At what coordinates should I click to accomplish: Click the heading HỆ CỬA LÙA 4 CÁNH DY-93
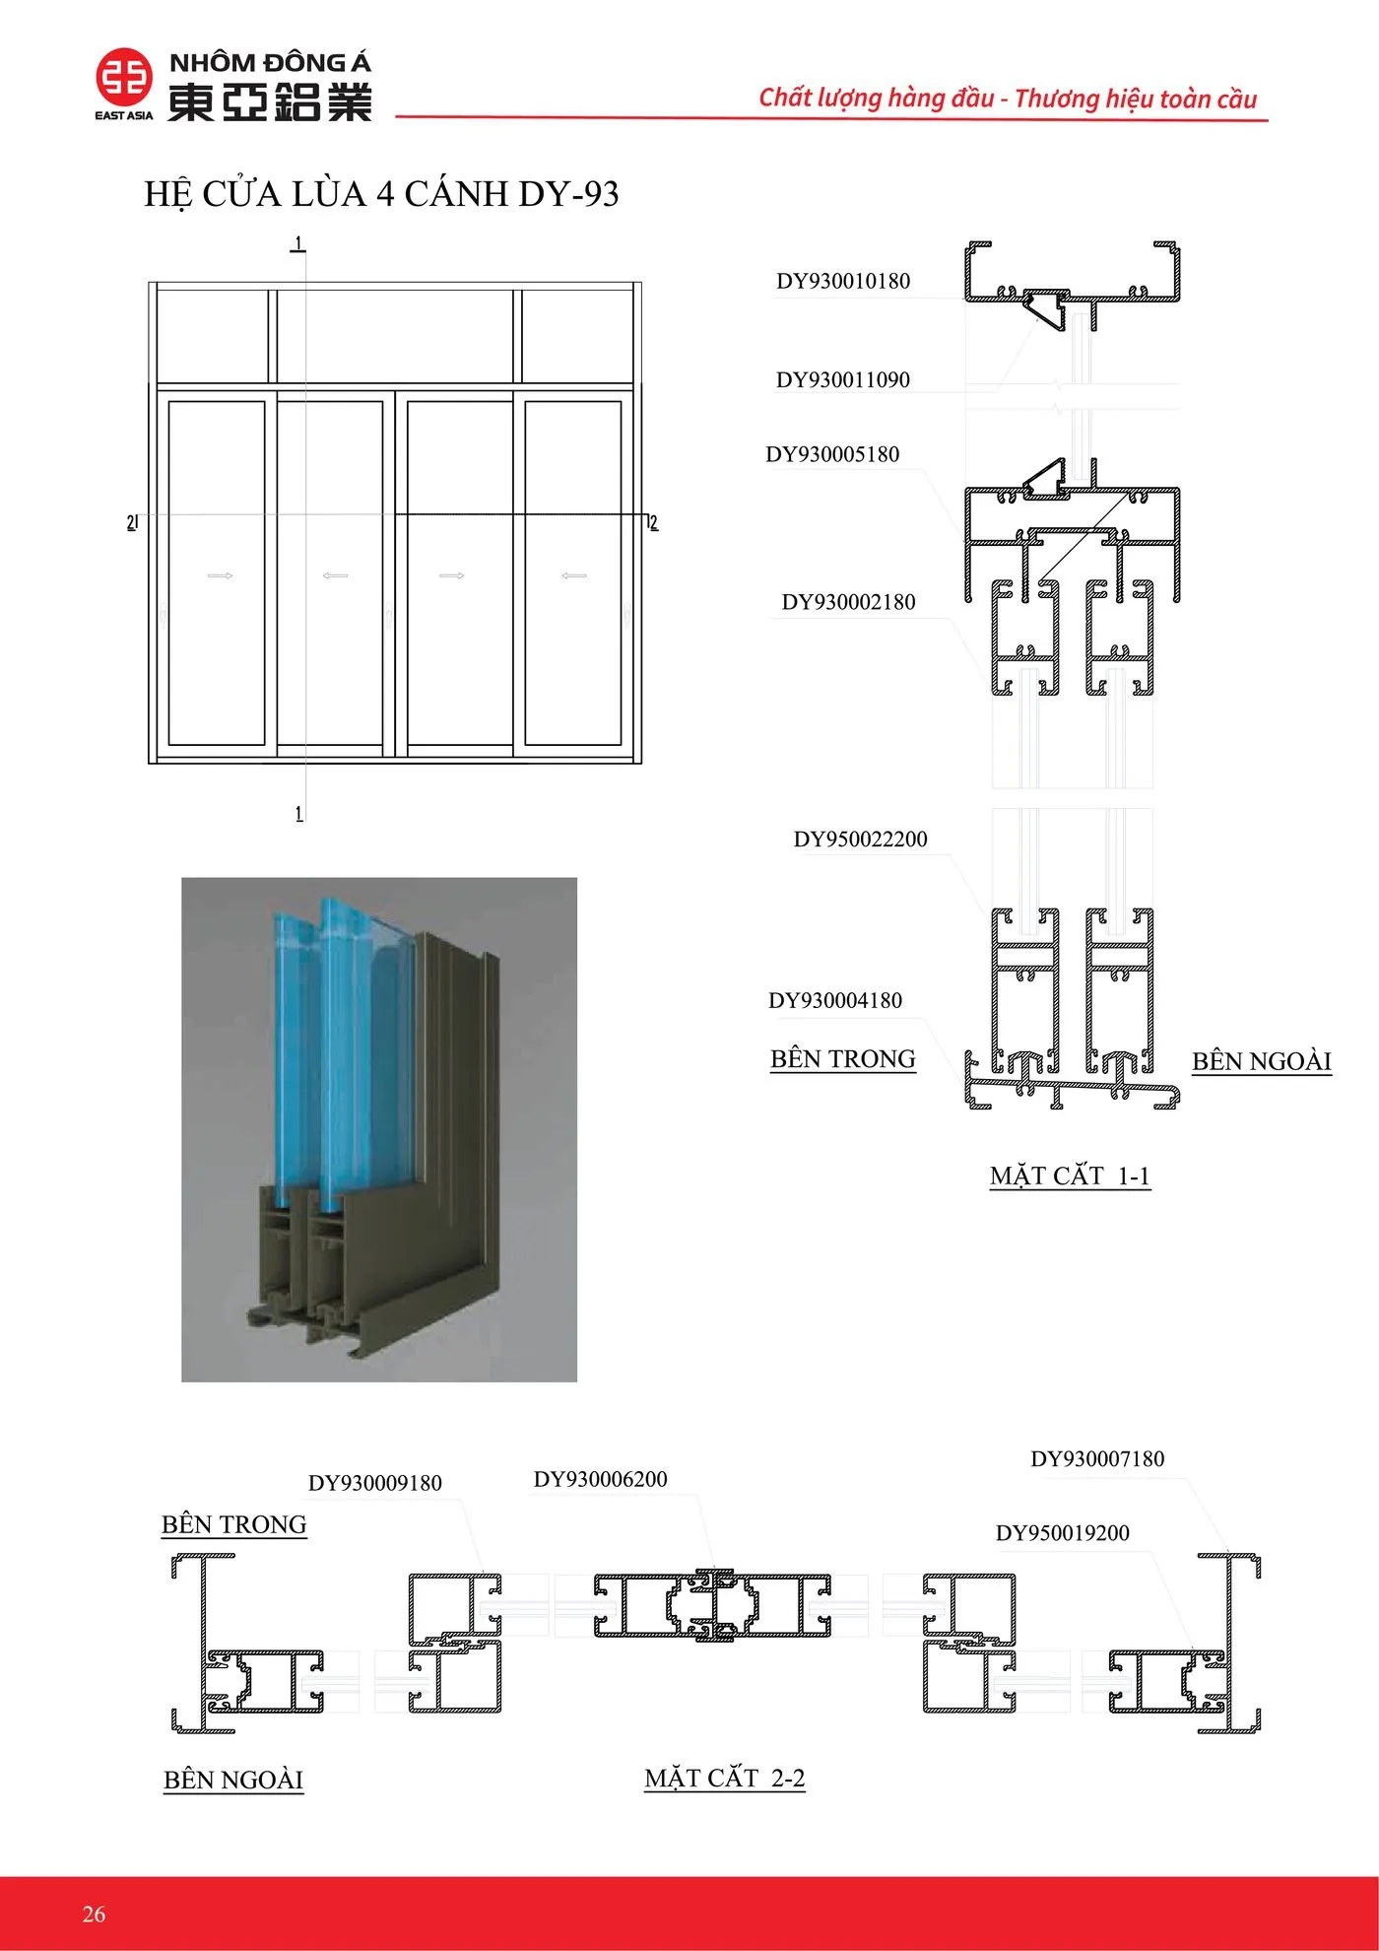(381, 194)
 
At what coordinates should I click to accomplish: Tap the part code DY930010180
(843, 281)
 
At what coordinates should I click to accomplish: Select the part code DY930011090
(843, 379)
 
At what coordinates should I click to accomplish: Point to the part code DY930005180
(832, 454)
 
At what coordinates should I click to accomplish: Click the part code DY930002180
(848, 602)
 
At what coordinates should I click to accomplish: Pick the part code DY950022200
(861, 840)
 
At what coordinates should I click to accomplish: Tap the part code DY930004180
(835, 1001)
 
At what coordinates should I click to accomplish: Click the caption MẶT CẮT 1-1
(1071, 1177)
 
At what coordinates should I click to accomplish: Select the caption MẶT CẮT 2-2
(725, 1779)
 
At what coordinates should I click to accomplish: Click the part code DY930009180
(375, 1483)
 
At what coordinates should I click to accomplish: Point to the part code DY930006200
(601, 1479)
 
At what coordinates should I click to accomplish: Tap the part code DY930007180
(1097, 1459)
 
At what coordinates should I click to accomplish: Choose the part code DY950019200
(1063, 1533)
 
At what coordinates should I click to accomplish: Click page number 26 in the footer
(94, 1914)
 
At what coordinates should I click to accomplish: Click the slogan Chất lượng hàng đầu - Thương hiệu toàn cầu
(1008, 99)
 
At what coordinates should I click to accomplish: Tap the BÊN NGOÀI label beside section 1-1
(1262, 1061)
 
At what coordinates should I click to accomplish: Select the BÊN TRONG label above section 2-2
(234, 1525)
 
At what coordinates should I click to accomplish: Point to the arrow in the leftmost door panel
(221, 575)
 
